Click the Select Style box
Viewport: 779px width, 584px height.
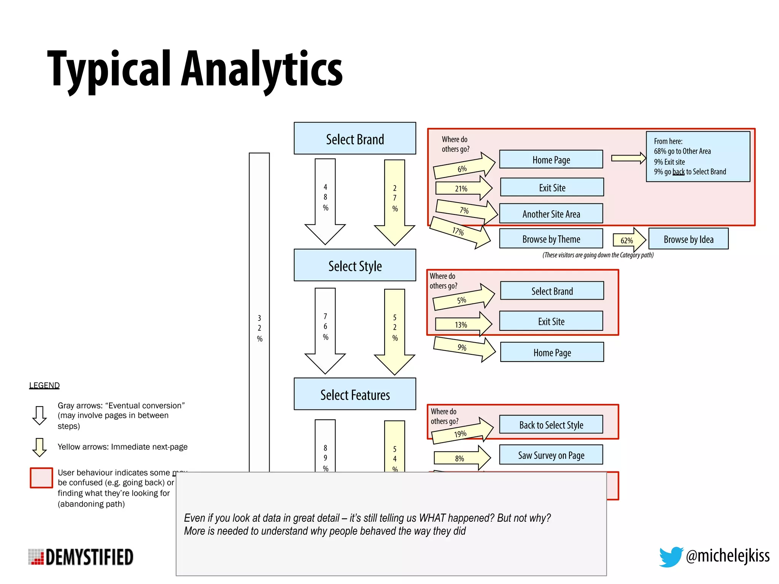click(x=355, y=265)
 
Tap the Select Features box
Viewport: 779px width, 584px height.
click(x=355, y=394)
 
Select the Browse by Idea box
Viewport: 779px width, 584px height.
click(x=688, y=239)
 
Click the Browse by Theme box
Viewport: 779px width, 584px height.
click(x=551, y=239)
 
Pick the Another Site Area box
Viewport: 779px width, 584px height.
click(x=551, y=214)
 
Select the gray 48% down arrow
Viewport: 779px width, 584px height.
click(x=325, y=202)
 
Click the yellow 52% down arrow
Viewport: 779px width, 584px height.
click(x=394, y=331)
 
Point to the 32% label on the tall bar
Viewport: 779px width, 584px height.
click(x=259, y=328)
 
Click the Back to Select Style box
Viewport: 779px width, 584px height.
click(x=551, y=425)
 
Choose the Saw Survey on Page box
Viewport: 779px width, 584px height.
click(x=551, y=455)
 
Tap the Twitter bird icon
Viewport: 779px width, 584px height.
click(x=671, y=556)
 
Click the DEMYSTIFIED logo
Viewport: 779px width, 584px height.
click(x=81, y=557)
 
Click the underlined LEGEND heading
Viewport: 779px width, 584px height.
click(x=45, y=385)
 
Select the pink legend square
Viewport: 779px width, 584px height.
click(x=41, y=478)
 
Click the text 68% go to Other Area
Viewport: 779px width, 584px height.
click(x=682, y=151)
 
